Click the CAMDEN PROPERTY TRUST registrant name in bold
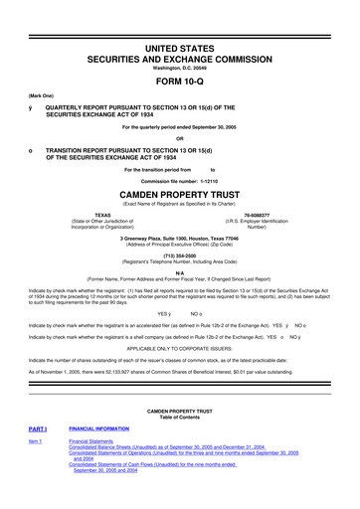[180, 196]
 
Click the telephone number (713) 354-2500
[180, 253]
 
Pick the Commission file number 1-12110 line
[180, 181]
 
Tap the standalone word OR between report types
[180, 137]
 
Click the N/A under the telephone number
[180, 271]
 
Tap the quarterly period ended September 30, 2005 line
[180, 126]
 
